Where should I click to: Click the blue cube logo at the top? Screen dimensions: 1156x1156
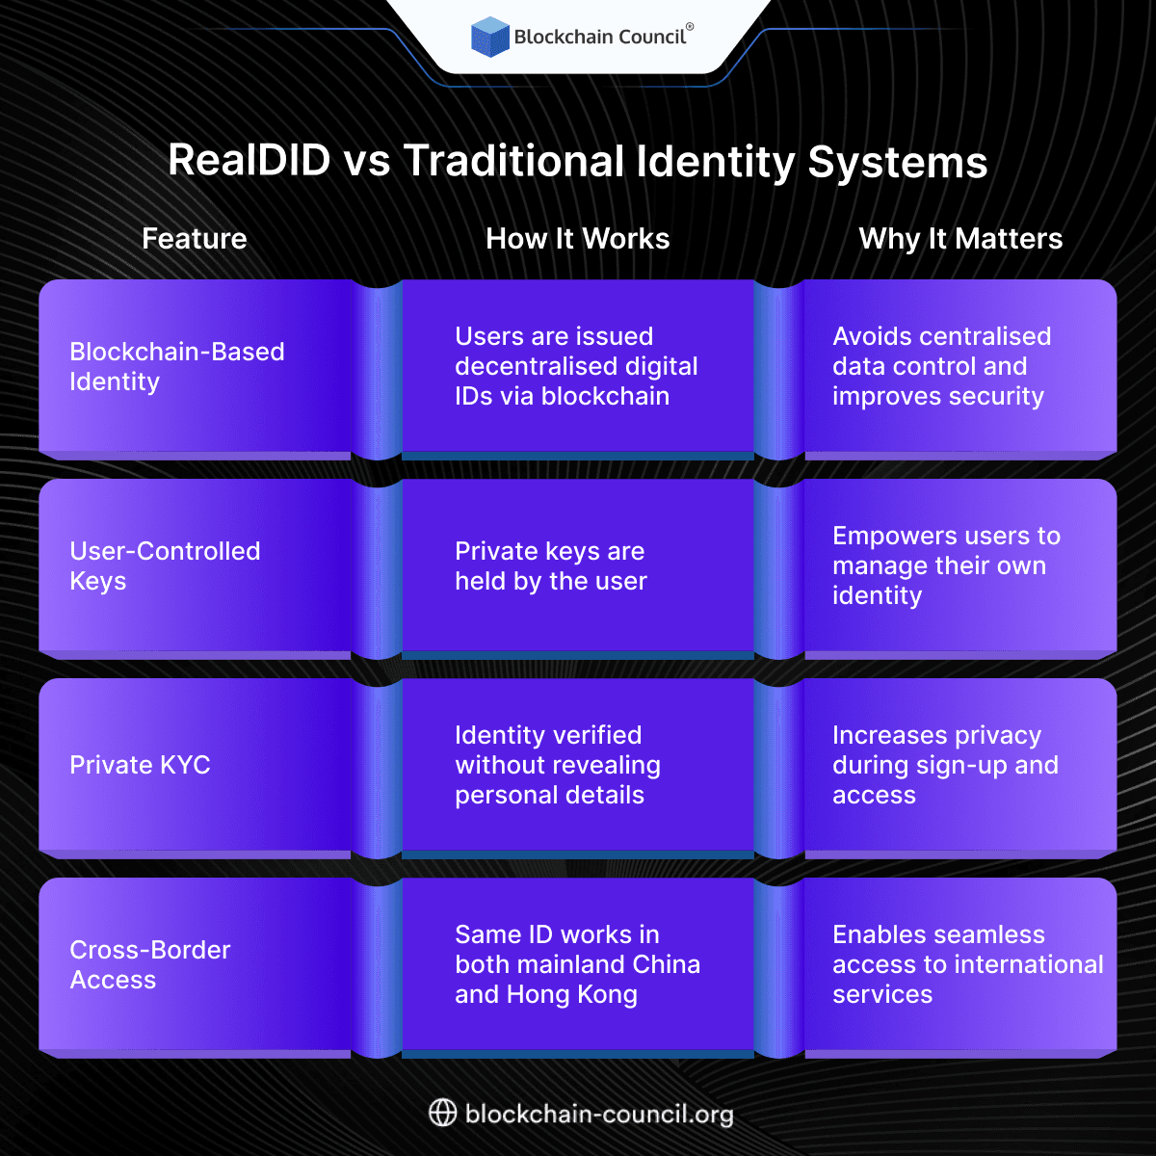(489, 37)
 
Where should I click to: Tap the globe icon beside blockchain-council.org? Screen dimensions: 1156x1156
(442, 1114)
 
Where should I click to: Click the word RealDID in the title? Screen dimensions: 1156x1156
(250, 161)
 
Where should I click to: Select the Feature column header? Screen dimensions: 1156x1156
(195, 239)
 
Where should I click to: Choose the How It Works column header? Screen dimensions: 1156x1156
(577, 239)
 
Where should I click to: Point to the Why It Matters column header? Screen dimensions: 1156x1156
(960, 239)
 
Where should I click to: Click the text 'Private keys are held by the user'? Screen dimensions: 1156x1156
(551, 565)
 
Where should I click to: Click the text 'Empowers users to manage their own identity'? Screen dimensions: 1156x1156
(946, 565)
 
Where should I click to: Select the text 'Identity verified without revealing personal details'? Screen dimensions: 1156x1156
(558, 765)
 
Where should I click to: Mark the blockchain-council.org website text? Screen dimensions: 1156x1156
(599, 1115)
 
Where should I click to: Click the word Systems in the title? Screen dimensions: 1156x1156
(898, 161)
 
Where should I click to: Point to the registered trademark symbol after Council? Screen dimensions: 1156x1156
(690, 28)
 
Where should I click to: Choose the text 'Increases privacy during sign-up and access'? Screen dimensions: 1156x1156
(945, 765)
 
